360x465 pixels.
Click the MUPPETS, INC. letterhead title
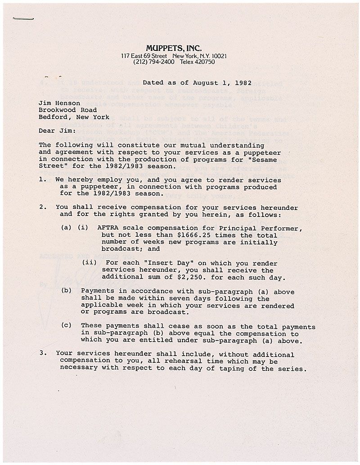[174, 48]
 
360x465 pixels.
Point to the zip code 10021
[218, 56]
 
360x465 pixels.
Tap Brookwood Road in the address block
[67, 110]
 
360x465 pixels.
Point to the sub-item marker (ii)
[89, 263]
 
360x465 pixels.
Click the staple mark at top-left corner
[23, 18]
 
